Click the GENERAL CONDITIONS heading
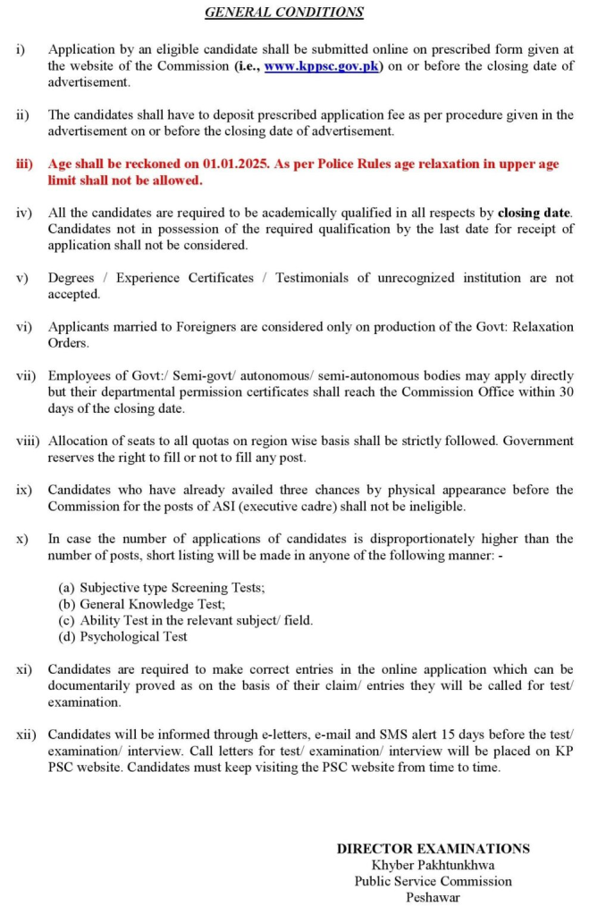[x=284, y=13]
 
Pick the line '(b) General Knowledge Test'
[x=141, y=604]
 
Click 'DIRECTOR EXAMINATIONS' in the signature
[x=433, y=849]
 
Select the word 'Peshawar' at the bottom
[x=433, y=897]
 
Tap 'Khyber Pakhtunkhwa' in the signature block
[x=433, y=865]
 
